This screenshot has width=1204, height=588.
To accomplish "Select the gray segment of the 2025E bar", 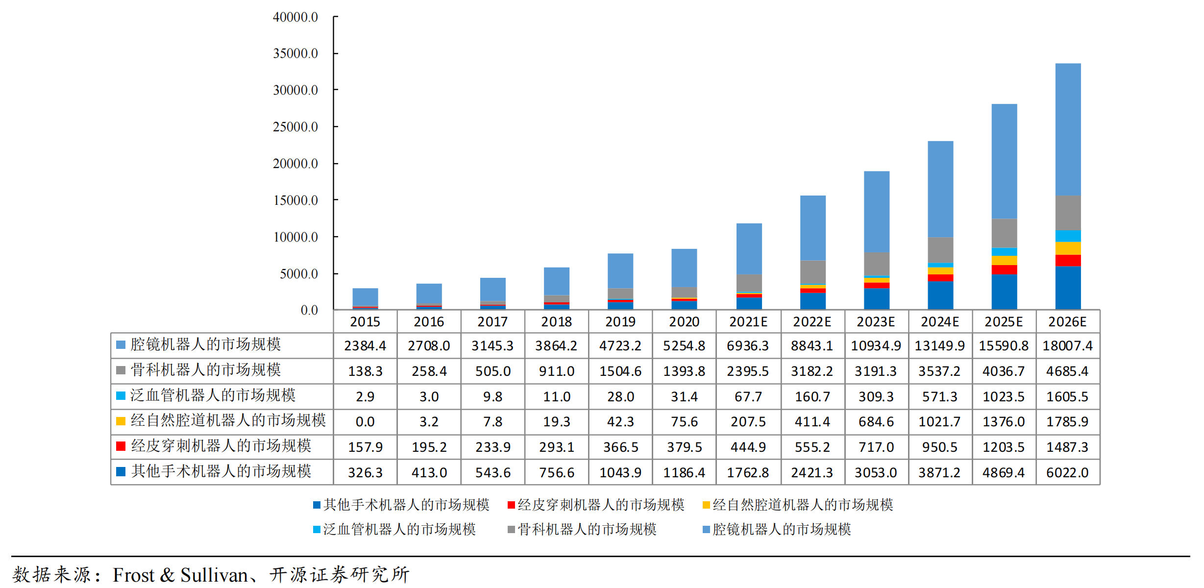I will (1004, 233).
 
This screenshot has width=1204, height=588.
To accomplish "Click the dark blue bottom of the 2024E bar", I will (940, 295).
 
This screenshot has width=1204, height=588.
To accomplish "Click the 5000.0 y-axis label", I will (298, 274).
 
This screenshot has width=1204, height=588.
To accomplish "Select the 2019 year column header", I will (620, 322).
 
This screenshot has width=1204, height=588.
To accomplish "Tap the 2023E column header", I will (876, 322).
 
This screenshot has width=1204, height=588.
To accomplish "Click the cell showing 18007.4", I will (1067, 346).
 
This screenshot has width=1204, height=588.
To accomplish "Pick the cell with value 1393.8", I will (684, 371).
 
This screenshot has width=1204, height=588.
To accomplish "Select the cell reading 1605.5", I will (1067, 397).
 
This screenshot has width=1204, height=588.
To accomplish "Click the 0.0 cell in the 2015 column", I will (365, 422).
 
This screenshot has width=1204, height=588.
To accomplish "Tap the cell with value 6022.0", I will (1067, 473).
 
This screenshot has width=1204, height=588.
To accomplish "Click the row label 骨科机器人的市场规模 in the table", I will (205, 370).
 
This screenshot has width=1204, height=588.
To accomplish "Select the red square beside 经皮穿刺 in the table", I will (121, 446).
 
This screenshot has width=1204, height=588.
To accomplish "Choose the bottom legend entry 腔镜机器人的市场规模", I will (781, 530).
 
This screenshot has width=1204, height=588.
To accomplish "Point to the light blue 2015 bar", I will (365, 297).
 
